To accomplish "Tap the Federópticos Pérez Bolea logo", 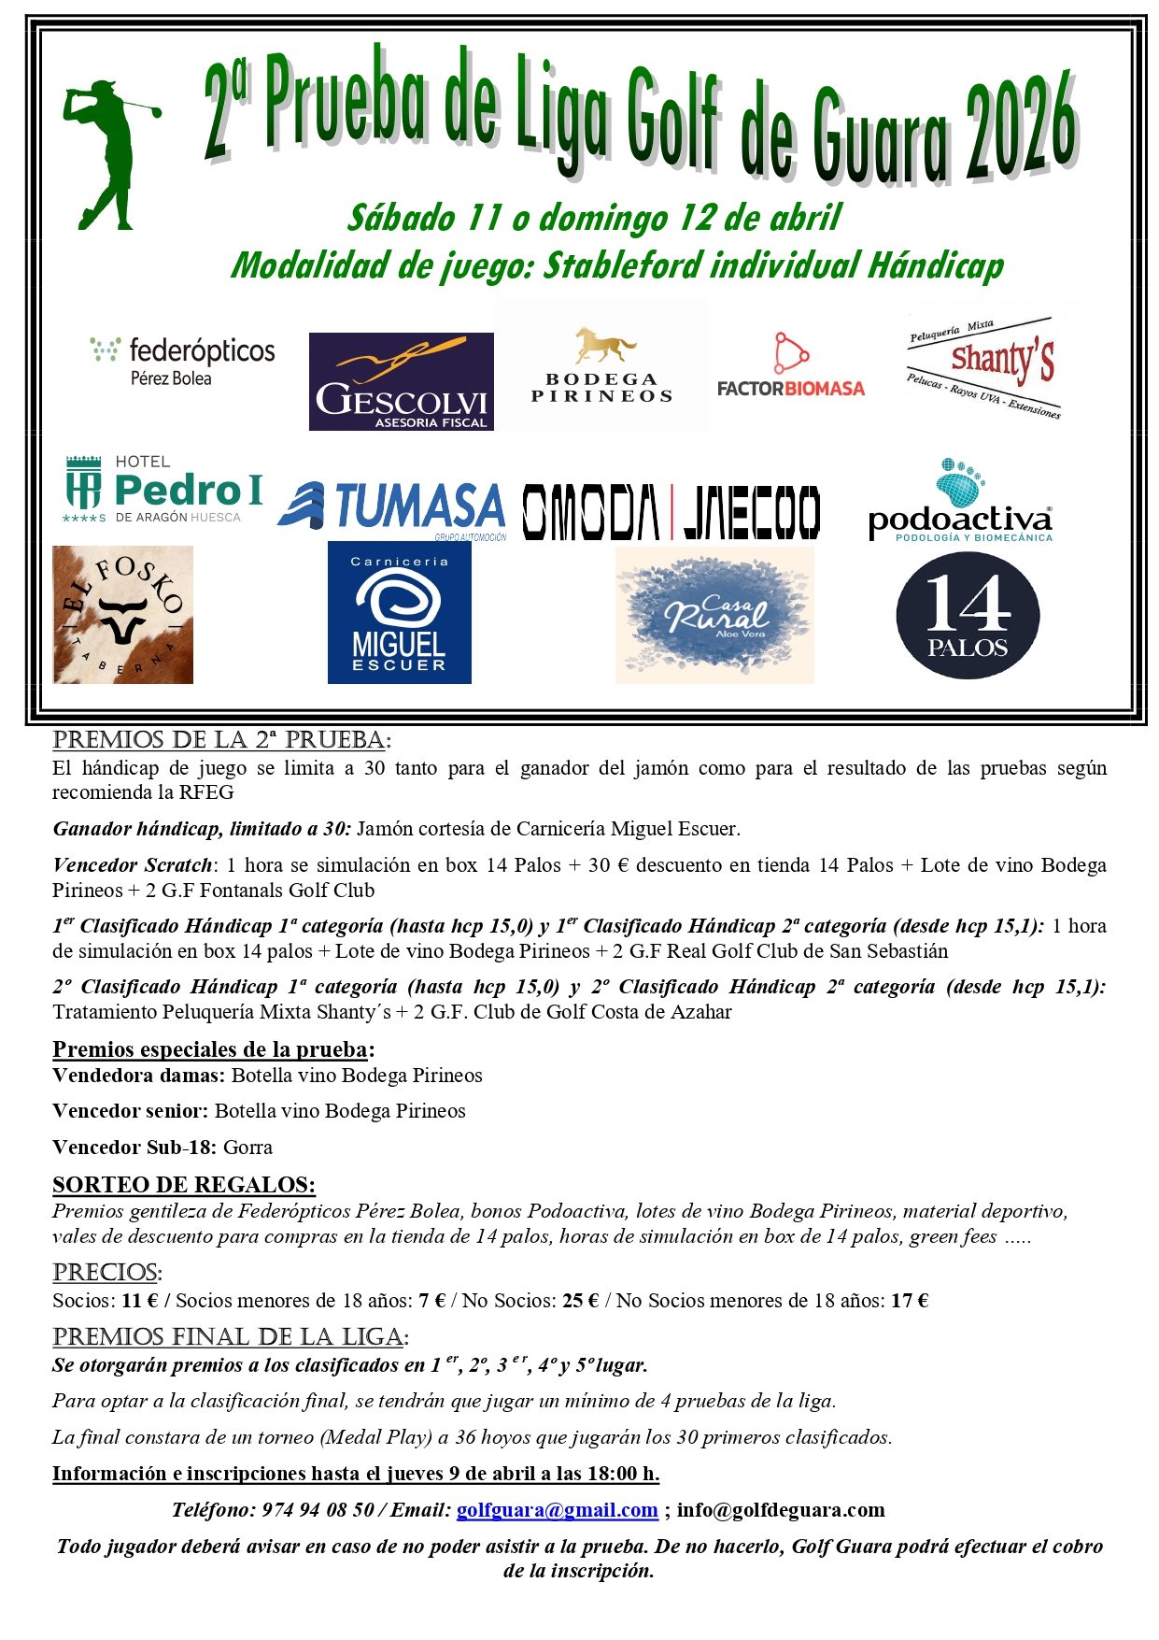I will point(183,362).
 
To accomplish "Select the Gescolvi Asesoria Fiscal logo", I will point(401,381).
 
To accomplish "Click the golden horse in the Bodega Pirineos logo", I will point(604,345).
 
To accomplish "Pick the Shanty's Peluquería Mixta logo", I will point(984,367).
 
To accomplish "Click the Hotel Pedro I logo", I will point(163,489).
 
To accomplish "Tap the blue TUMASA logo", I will point(392,508).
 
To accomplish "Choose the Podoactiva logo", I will point(960,502).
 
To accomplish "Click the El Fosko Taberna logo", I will point(122,615).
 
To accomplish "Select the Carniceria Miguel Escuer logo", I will point(399,613).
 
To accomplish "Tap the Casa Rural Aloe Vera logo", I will point(714,615).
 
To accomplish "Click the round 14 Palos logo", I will point(968,615).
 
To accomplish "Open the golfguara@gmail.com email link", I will point(557,1510).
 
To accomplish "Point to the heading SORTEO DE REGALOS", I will point(184,1185).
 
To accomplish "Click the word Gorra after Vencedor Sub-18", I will point(247,1148).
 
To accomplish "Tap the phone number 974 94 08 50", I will point(318,1510).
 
